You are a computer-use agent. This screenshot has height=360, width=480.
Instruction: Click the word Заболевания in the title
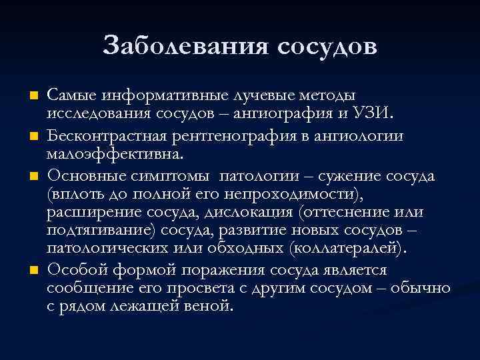tap(185, 46)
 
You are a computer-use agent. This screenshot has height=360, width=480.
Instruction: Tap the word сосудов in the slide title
tap(325, 46)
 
